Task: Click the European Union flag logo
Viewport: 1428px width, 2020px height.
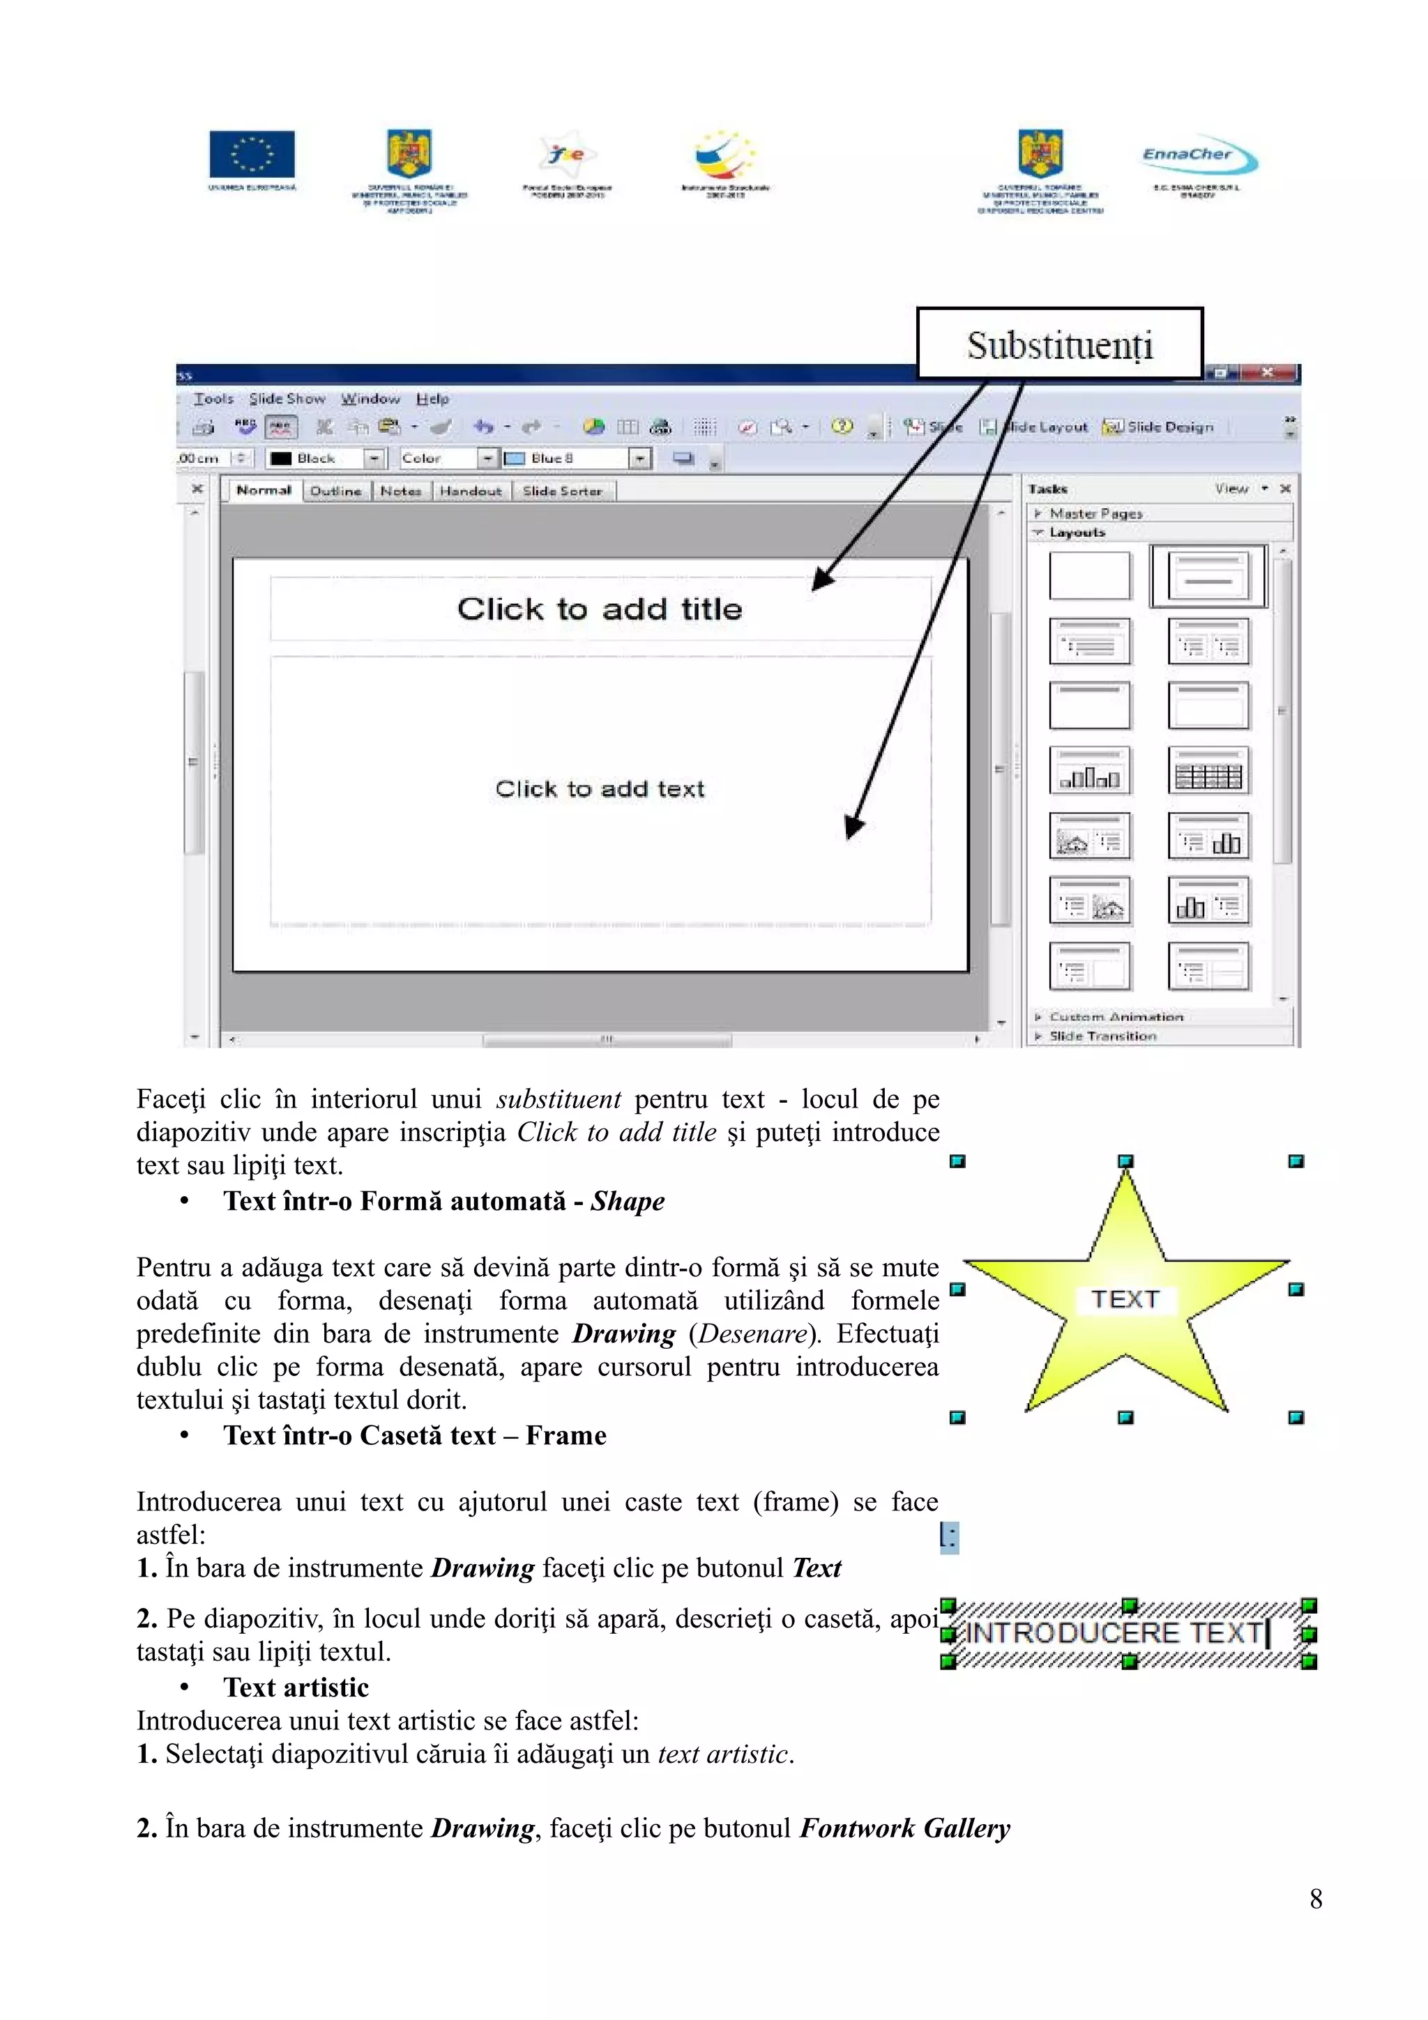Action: [x=252, y=155]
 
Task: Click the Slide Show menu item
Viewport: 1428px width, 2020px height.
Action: [x=287, y=399]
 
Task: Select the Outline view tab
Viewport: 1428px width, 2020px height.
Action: [x=335, y=491]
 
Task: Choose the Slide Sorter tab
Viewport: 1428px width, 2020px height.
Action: [x=562, y=491]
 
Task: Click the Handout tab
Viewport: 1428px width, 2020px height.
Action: [x=471, y=491]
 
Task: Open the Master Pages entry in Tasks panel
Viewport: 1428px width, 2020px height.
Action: [x=1095, y=513]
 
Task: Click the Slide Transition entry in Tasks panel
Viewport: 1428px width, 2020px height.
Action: [x=1102, y=1036]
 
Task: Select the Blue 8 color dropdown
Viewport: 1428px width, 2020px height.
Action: [x=577, y=459]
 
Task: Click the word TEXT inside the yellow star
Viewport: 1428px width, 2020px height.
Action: [x=1125, y=1299]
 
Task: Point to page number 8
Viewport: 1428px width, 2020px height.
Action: [x=1314, y=1899]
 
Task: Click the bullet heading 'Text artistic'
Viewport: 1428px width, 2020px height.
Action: [x=296, y=1688]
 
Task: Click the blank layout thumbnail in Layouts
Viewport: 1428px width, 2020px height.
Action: [x=1089, y=576]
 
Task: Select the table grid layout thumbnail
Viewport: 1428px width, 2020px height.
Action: [x=1208, y=772]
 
